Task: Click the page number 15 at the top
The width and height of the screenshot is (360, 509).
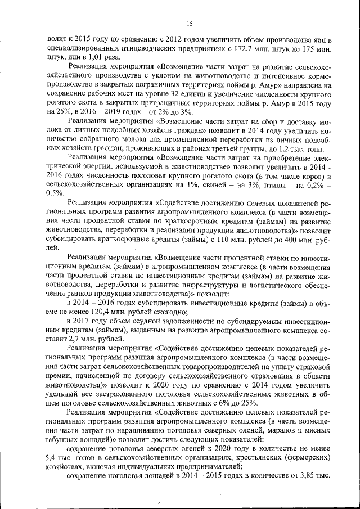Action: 190,23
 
